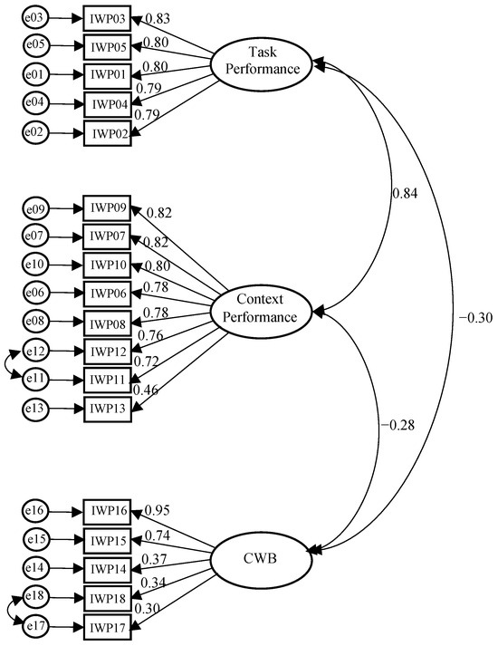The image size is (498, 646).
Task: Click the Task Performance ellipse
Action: [x=263, y=61]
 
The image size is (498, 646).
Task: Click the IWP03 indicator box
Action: [x=108, y=18]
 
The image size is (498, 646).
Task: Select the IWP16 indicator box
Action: [x=108, y=512]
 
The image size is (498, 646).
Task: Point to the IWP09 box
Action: [x=108, y=210]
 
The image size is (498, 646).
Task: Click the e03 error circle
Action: [x=35, y=18]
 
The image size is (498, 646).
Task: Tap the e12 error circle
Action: [x=35, y=351]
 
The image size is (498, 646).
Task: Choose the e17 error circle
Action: [x=35, y=625]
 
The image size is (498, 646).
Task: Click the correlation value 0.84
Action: [x=405, y=193]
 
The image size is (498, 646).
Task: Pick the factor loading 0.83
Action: [x=157, y=19]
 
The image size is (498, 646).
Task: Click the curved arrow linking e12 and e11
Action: [x=8, y=364]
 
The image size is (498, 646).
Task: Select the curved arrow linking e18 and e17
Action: [x=8, y=611]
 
